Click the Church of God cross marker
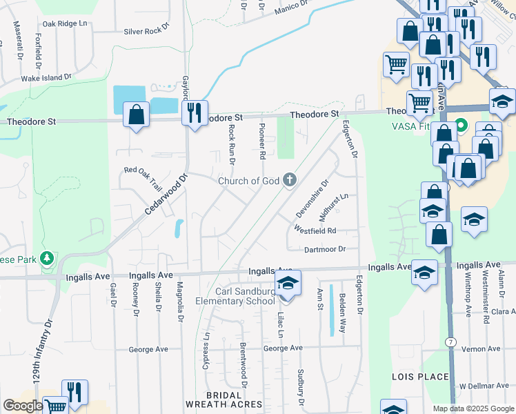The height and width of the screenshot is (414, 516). [x=290, y=180]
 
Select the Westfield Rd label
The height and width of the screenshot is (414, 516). [x=315, y=230]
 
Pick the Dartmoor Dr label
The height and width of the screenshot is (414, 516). [x=324, y=248]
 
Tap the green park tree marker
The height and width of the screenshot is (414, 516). [x=48, y=259]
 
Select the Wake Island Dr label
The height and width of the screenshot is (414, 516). [x=47, y=79]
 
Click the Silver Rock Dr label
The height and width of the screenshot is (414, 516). [x=146, y=31]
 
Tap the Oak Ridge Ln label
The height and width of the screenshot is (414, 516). [x=66, y=23]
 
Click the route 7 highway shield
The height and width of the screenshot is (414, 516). [x=450, y=343]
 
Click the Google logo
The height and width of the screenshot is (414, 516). [x=23, y=406]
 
